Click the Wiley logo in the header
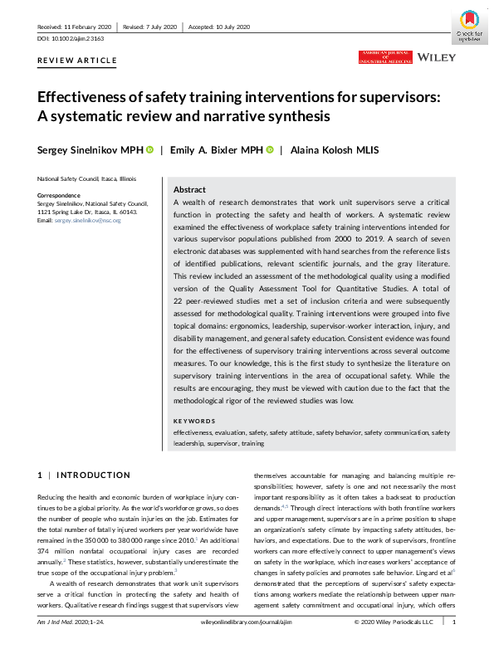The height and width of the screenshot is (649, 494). [x=433, y=57]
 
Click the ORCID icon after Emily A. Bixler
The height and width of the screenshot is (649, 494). [x=270, y=150]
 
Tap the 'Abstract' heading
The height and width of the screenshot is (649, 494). [x=190, y=188]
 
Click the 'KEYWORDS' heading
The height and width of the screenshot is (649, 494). [x=195, y=422]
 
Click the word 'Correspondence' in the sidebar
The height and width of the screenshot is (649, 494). [x=58, y=195]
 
